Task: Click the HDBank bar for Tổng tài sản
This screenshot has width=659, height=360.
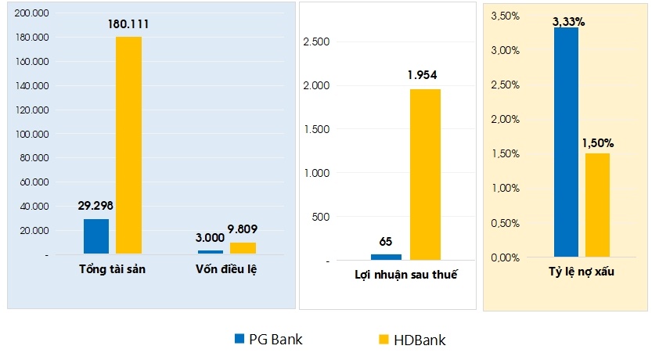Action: point(128,145)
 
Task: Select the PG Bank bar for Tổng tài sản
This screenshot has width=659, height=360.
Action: point(96,236)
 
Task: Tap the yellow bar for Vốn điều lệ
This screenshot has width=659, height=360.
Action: point(243,248)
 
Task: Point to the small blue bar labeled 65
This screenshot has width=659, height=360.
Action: point(386,257)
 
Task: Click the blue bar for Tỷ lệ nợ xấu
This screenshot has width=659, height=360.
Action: point(566,142)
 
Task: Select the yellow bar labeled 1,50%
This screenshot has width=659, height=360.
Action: point(597,204)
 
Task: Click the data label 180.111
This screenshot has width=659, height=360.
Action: point(128,24)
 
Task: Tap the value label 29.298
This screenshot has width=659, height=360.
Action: point(96,207)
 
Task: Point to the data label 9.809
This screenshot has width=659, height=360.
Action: point(243,230)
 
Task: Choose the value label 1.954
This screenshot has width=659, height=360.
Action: point(422,76)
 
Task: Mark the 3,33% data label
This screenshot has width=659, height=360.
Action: point(568,22)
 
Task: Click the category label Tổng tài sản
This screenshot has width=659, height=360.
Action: point(113,269)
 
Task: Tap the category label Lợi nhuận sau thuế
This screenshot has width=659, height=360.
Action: point(405,275)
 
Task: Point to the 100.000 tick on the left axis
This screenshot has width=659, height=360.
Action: point(32,134)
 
